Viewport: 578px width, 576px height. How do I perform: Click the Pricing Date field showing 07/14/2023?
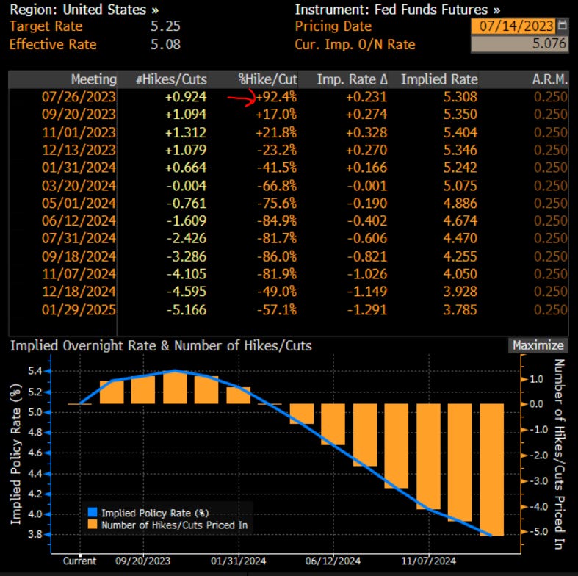point(513,26)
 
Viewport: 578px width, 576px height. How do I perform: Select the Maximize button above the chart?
point(538,345)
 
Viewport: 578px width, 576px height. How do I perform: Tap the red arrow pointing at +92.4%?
point(240,97)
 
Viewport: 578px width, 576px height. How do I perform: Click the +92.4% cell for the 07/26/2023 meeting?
point(275,97)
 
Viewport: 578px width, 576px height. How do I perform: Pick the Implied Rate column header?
point(438,79)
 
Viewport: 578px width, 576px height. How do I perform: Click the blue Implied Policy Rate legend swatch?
point(92,513)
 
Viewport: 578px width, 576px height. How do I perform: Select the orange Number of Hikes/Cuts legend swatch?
point(92,525)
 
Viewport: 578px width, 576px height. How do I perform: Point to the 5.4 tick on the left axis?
point(35,371)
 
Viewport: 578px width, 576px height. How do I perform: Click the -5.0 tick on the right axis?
point(538,532)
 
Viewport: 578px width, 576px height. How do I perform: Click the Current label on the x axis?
point(79,561)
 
